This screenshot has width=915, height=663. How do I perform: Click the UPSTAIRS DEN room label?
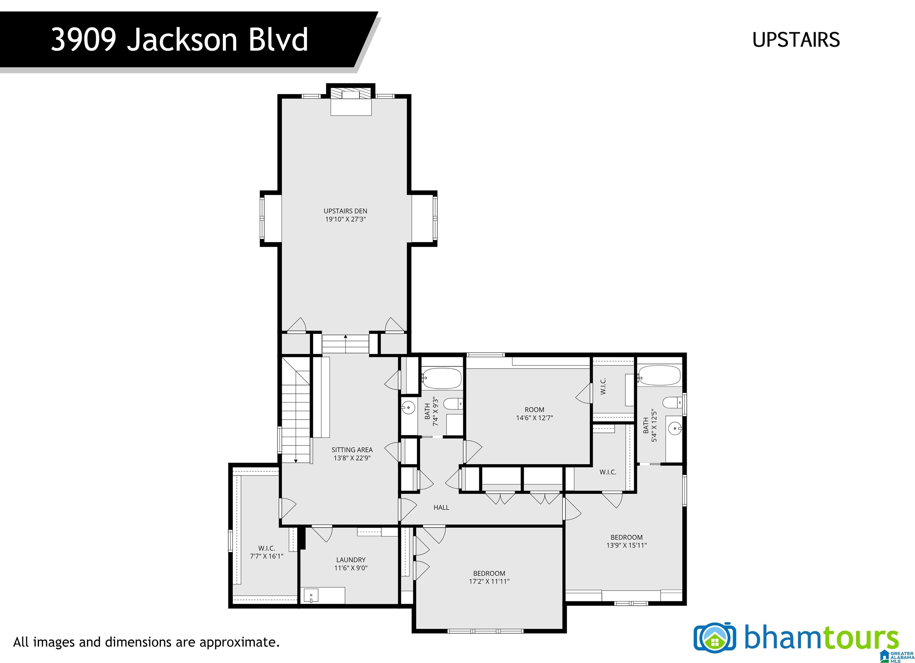[345, 211]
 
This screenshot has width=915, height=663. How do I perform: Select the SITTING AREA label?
[352, 450]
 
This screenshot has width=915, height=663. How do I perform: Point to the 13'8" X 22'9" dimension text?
[352, 458]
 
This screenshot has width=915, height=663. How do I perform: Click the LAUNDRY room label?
[351, 560]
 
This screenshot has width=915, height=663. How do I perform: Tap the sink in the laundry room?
[311, 595]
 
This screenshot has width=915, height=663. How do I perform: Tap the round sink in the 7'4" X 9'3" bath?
[408, 408]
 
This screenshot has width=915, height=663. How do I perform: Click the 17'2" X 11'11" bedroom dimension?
[489, 581]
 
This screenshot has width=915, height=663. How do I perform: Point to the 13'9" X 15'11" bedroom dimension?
[627, 545]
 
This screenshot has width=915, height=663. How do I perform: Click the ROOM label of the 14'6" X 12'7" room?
[534, 410]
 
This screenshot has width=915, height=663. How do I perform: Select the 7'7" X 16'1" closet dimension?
[266, 556]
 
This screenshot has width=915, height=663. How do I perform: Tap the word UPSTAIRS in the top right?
[796, 40]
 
